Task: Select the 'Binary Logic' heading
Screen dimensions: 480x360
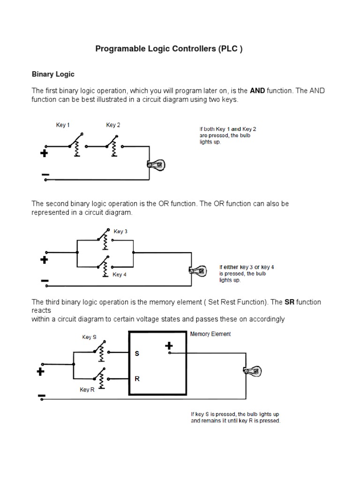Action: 53,74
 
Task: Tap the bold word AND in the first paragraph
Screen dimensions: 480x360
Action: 258,90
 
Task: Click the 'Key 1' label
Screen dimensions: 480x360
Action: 63,125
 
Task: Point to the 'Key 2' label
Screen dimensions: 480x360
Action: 113,125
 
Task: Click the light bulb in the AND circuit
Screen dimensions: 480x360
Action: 156,165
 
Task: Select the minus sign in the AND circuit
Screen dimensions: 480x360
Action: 45,175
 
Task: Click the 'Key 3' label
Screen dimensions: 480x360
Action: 120,232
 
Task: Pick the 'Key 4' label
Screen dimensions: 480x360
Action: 120,275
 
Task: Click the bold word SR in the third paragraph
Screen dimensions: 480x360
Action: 289,302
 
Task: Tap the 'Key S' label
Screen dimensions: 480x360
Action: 90,337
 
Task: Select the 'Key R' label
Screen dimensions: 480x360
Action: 87,390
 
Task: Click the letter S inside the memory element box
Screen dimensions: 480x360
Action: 137,354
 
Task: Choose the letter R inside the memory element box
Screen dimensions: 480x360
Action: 137,379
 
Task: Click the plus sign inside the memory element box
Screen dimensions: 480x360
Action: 169,346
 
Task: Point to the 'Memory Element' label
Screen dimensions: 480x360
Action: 210,334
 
